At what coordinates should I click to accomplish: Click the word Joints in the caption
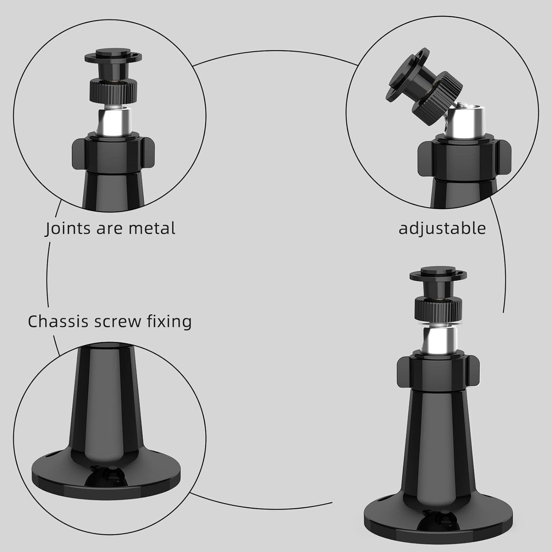68,228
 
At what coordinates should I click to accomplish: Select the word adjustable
442,229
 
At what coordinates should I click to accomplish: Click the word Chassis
59,321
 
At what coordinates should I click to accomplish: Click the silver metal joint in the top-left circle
112,121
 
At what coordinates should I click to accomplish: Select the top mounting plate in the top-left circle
112,57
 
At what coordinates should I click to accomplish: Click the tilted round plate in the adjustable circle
405,74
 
